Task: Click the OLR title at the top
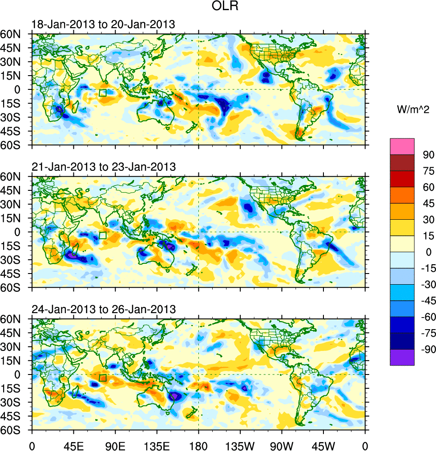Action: (x=226, y=8)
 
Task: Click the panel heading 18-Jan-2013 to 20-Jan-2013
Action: (x=103, y=25)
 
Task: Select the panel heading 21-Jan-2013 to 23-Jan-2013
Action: (x=103, y=167)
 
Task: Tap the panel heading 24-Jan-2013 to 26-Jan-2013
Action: (x=103, y=309)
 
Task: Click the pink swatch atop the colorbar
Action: (x=402, y=146)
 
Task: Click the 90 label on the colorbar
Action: (x=427, y=154)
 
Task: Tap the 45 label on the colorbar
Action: (x=427, y=203)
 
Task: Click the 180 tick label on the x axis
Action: (x=198, y=444)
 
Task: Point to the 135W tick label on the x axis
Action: (x=240, y=444)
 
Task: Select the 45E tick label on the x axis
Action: (x=73, y=444)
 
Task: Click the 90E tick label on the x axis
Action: (x=115, y=444)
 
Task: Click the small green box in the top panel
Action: (x=103, y=93)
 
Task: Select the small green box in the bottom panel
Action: (x=103, y=378)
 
